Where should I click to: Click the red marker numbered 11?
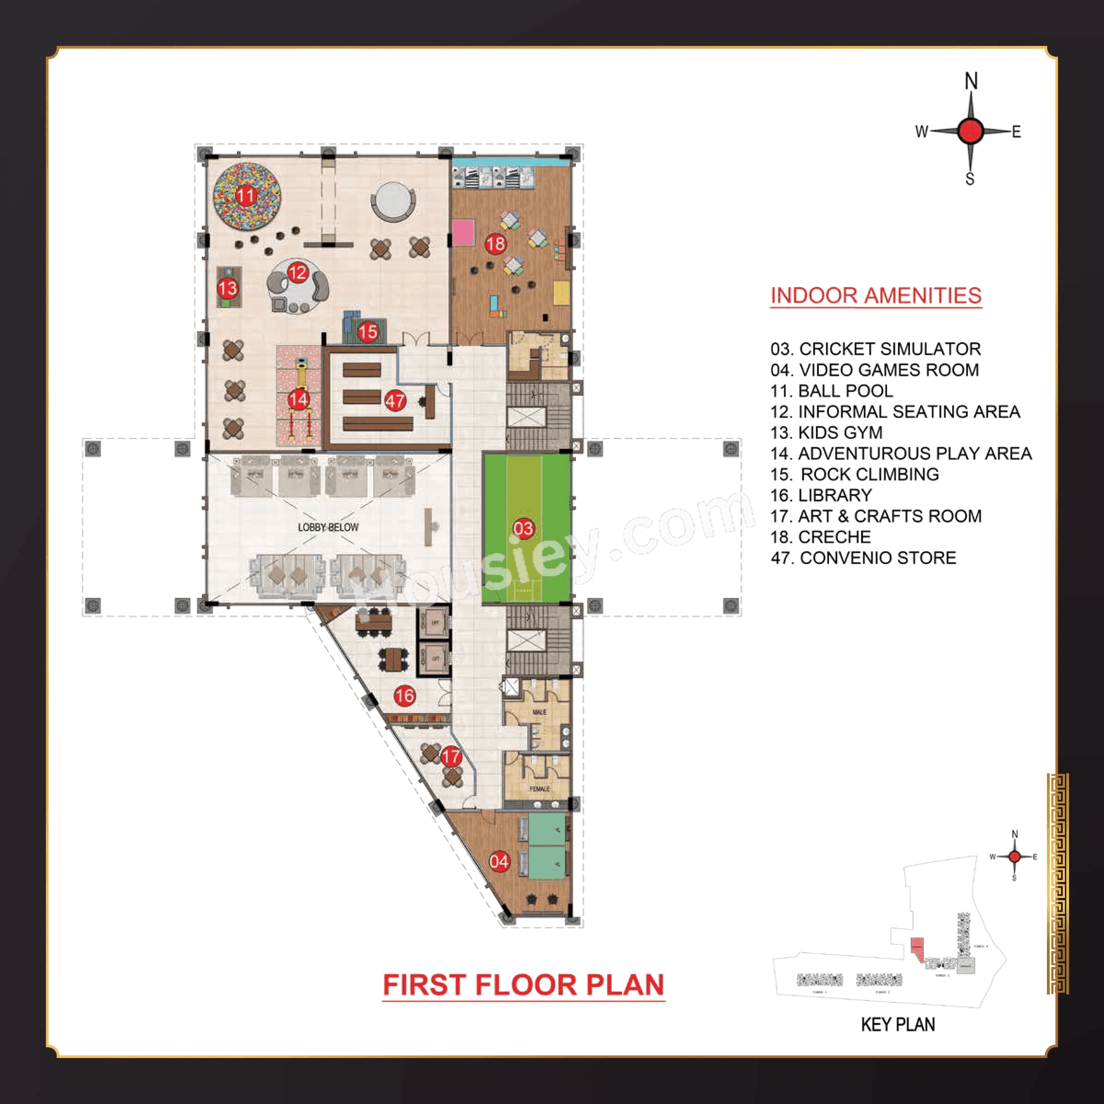pyautogui.click(x=245, y=196)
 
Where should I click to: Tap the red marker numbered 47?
pyautogui.click(x=395, y=401)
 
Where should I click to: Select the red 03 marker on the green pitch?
pyautogui.click(x=523, y=529)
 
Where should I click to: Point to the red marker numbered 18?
pyautogui.click(x=495, y=244)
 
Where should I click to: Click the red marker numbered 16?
pyautogui.click(x=405, y=696)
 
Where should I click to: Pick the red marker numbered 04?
pyautogui.click(x=499, y=861)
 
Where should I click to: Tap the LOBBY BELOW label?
pyautogui.click(x=328, y=527)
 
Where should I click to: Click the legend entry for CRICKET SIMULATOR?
pyautogui.click(x=875, y=349)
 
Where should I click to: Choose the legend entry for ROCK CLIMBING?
pyautogui.click(x=855, y=474)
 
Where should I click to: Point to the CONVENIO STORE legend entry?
pyautogui.click(x=863, y=558)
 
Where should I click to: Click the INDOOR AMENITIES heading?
pyautogui.click(x=875, y=295)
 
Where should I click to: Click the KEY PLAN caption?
pyautogui.click(x=898, y=1024)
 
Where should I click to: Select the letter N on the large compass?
pyautogui.click(x=971, y=81)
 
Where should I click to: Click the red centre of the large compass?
pyautogui.click(x=970, y=131)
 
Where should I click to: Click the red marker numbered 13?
pyautogui.click(x=227, y=287)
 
